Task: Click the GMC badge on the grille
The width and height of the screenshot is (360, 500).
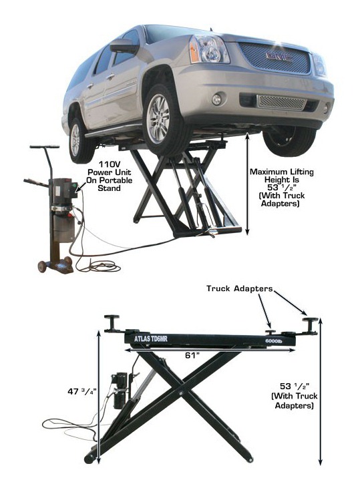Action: click(x=279, y=57)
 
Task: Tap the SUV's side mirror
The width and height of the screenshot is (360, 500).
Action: click(x=124, y=46)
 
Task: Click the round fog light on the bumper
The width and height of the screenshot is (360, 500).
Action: click(x=216, y=99)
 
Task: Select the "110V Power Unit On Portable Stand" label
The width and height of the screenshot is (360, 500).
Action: click(x=110, y=176)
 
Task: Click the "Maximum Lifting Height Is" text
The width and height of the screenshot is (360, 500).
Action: click(x=281, y=176)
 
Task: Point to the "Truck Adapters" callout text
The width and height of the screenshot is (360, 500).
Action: click(x=239, y=288)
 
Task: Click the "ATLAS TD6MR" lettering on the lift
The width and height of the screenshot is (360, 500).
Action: click(x=151, y=338)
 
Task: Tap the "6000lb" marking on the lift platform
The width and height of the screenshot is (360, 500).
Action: click(x=274, y=341)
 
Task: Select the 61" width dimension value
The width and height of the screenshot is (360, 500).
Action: click(x=192, y=355)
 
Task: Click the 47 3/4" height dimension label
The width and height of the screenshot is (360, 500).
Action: click(x=81, y=391)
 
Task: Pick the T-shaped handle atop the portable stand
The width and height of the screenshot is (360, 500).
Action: click(x=45, y=148)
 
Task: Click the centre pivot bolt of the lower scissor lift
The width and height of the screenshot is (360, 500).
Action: click(x=181, y=393)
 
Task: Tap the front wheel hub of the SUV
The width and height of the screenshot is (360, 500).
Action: click(x=158, y=119)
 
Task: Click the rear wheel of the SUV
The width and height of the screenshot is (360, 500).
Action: click(x=77, y=140)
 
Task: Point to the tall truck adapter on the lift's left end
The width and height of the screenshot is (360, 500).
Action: click(x=112, y=323)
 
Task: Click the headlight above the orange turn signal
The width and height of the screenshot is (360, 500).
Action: click(x=210, y=49)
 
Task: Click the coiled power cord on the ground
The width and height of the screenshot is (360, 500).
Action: click(x=99, y=266)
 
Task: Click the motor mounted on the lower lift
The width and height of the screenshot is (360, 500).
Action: click(x=120, y=390)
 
